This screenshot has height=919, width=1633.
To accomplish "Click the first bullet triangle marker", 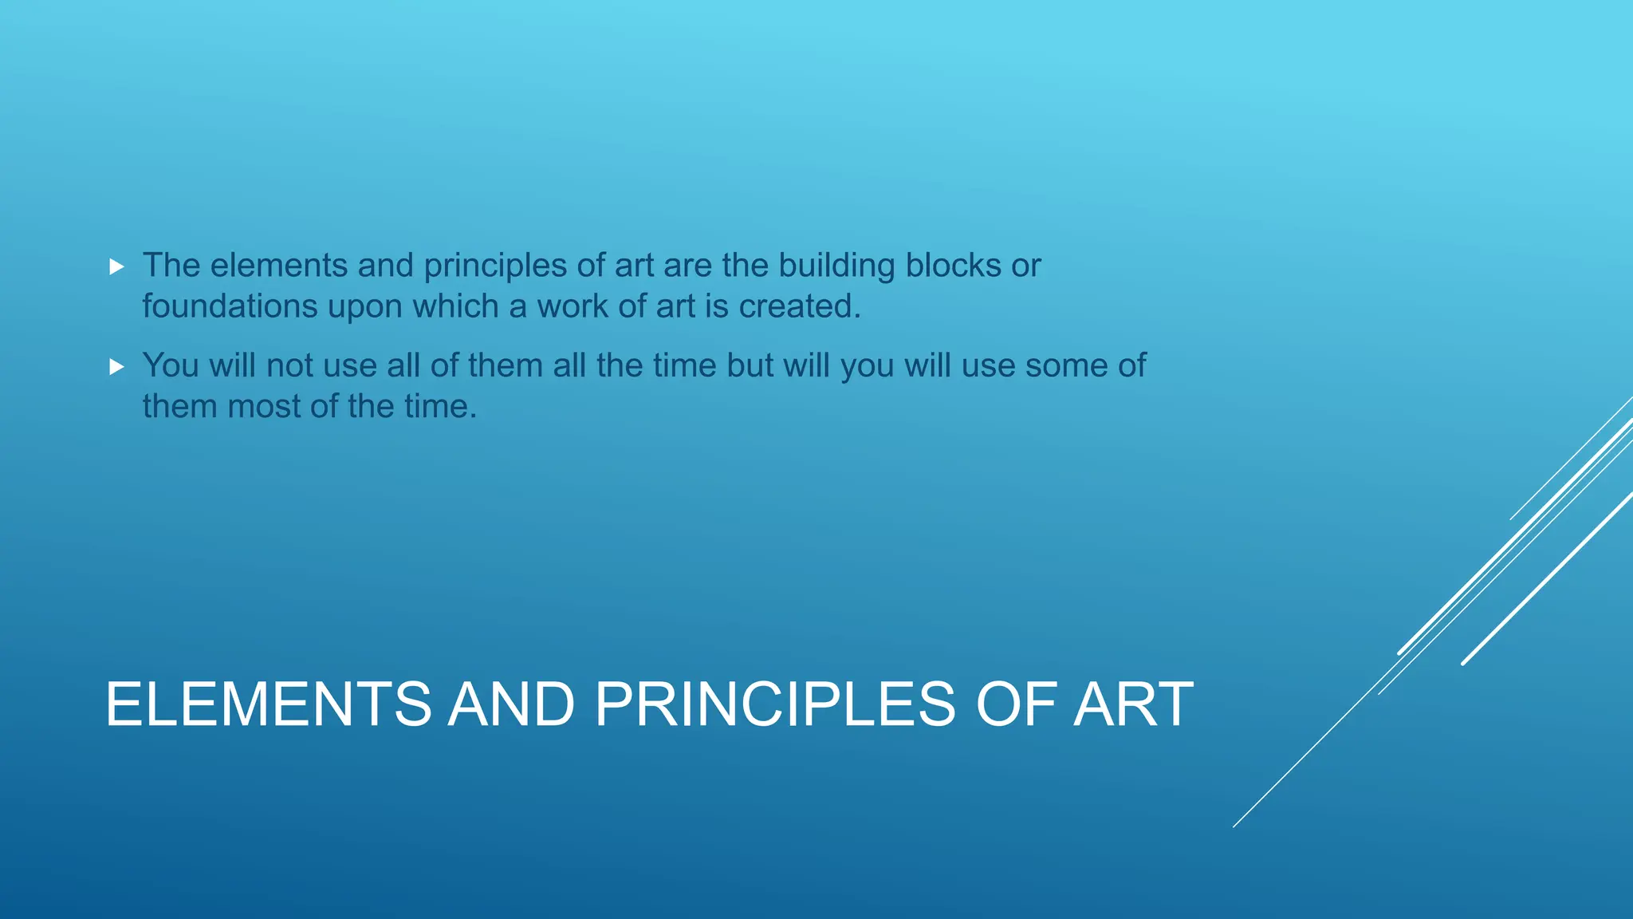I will pyautogui.click(x=117, y=266).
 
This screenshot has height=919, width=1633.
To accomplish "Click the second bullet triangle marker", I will pyautogui.click(x=117, y=367).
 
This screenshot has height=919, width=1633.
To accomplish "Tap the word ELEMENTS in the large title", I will pyautogui.click(x=268, y=704).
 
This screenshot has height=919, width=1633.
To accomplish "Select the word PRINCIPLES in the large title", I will pyautogui.click(x=774, y=704).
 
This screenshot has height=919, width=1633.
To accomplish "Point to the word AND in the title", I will pyautogui.click(x=511, y=704).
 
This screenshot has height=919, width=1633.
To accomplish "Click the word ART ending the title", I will pyautogui.click(x=1133, y=704).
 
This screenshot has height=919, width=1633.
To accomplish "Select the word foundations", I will pyautogui.click(x=230, y=306).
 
